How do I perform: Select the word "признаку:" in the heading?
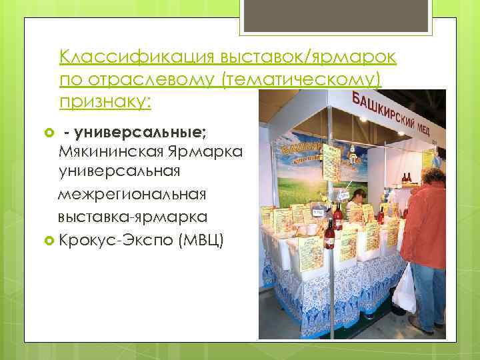(x=105, y=102)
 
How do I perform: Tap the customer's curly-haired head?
(x=433, y=177)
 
